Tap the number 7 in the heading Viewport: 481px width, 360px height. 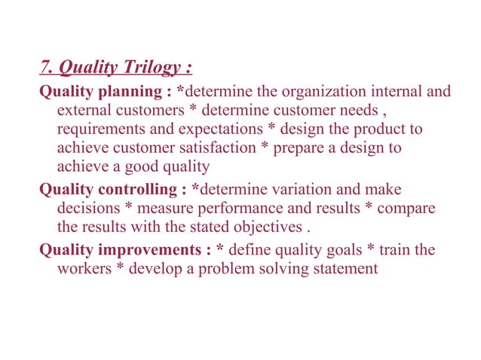pyautogui.click(x=44, y=69)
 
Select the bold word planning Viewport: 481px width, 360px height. pyautogui.click(x=123, y=92)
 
